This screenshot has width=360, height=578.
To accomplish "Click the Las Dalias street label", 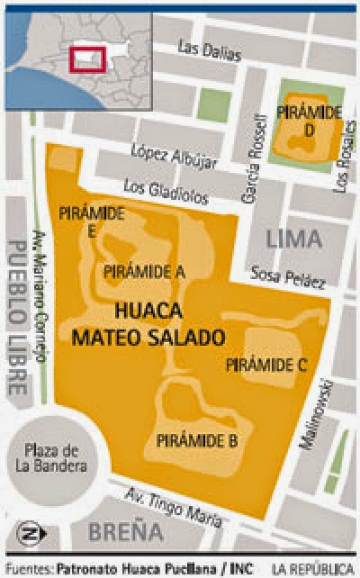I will pyautogui.click(x=209, y=51).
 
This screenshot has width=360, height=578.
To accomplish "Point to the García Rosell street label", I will pyautogui.click(x=253, y=157).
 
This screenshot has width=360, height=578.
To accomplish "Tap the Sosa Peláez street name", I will pyautogui.click(x=287, y=277).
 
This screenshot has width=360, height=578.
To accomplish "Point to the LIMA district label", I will pyautogui.click(x=294, y=239).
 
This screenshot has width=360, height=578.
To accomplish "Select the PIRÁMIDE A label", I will pyautogui.click(x=144, y=272).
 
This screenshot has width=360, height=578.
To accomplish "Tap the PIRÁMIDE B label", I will pyautogui.click(x=197, y=440).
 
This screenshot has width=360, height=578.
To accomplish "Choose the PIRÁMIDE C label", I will pyautogui.click(x=265, y=365).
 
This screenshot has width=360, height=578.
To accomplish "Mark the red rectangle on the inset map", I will pyautogui.click(x=87, y=59).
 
